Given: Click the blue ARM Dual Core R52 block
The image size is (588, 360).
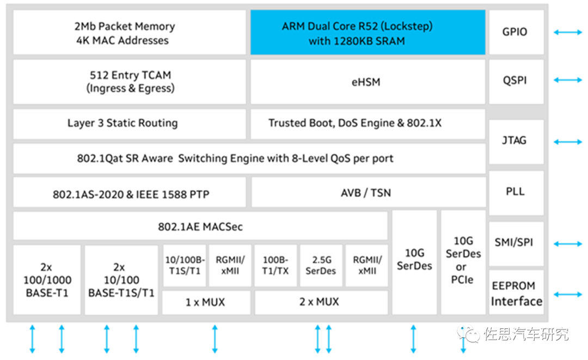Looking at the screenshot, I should click(x=367, y=33).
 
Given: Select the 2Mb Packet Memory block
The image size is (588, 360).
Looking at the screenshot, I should click(x=129, y=33).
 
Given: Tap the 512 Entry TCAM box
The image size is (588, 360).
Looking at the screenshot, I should click(x=129, y=82).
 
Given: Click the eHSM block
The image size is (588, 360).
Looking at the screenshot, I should click(x=367, y=82).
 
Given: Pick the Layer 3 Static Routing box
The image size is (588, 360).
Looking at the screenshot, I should click(x=129, y=124).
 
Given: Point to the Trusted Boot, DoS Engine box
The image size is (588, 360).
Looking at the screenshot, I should click(x=367, y=124).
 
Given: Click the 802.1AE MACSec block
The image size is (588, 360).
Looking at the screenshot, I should click(x=200, y=226).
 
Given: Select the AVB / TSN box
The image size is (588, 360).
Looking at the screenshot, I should click(x=367, y=192).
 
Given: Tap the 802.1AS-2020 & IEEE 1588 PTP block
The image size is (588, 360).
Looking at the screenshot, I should click(x=129, y=192).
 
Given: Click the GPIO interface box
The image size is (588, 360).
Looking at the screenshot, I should click(x=515, y=32).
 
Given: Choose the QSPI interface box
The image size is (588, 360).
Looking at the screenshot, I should click(x=515, y=81).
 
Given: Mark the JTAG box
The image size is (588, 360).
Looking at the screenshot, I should click(x=515, y=141).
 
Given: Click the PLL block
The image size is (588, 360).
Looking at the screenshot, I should click(x=515, y=192).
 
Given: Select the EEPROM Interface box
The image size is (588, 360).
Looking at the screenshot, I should click(x=516, y=293).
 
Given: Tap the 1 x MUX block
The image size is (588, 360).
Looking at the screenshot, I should click(x=206, y=302).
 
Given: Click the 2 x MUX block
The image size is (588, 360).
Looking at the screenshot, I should click(x=321, y=302).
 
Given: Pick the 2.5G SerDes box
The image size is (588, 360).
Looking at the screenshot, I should click(x=321, y=265).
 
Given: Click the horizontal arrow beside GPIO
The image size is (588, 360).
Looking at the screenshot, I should click(x=567, y=32).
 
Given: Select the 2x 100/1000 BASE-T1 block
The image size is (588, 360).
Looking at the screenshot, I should click(x=47, y=280).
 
